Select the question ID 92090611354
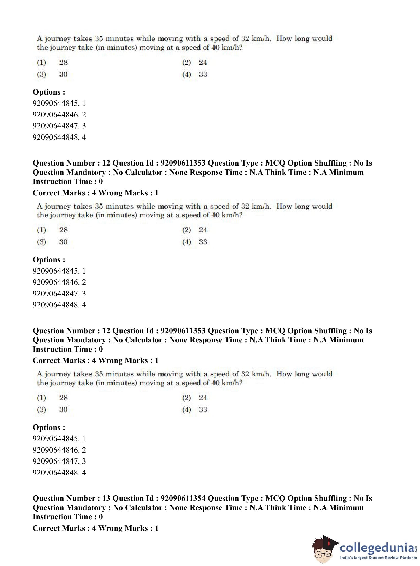(x=183, y=498)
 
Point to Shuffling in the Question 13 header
(x=330, y=498)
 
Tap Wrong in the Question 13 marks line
(x=110, y=528)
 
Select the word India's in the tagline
(x=347, y=558)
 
